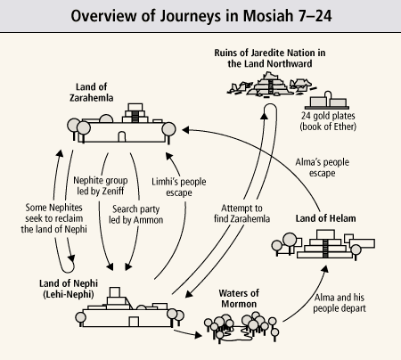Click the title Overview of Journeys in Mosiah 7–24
201,16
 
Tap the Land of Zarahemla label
91,93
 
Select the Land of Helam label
325,218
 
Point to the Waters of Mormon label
239,299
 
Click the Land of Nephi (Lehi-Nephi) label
69,289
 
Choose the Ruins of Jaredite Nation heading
270,58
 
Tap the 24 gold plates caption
328,121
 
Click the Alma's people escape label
323,168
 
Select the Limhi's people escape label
179,187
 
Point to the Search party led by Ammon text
136,215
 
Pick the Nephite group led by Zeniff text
101,185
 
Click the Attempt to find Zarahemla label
241,213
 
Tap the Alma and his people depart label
340,303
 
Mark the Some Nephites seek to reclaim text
53,218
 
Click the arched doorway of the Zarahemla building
122,136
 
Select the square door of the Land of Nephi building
134,322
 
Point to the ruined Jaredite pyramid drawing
271,84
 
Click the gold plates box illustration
327,101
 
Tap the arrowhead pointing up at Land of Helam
325,268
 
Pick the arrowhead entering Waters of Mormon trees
198,335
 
